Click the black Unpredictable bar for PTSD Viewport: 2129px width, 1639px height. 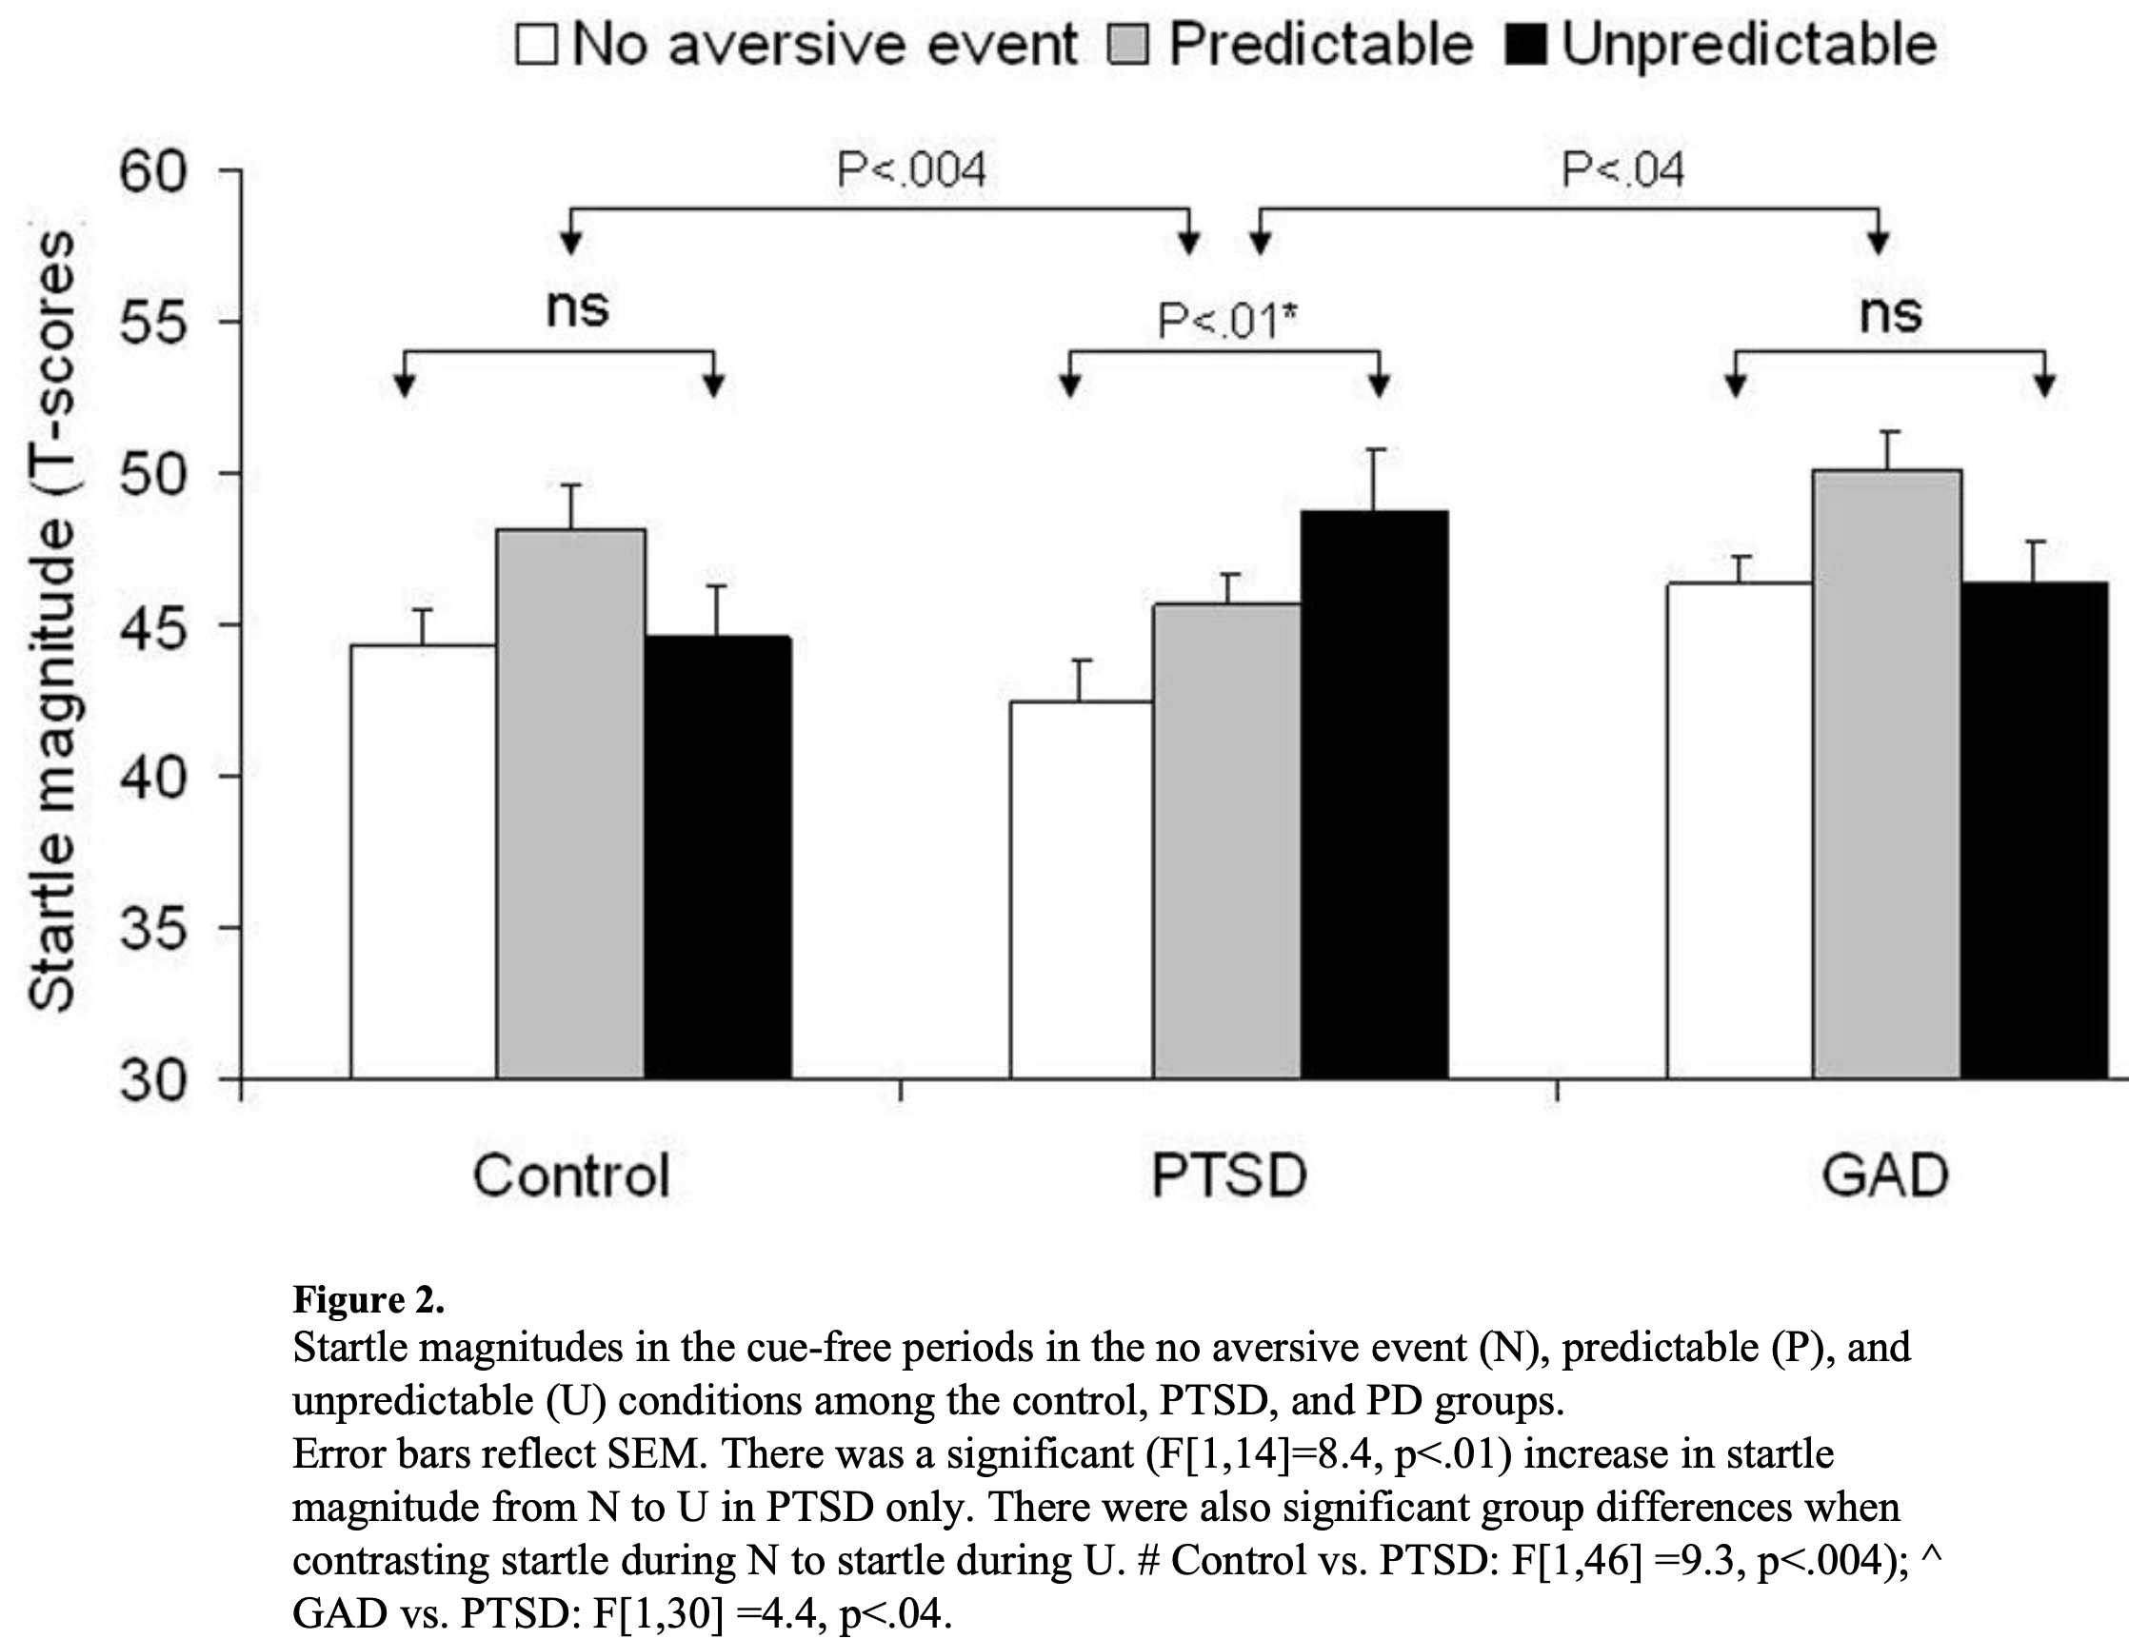click(x=1375, y=794)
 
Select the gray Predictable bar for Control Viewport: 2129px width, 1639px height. click(x=570, y=804)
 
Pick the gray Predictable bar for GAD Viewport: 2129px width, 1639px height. click(x=1887, y=775)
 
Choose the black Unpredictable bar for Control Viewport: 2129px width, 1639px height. click(x=718, y=858)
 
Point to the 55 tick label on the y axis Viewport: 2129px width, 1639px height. click(x=152, y=323)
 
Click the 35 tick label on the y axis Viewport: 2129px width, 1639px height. click(x=152, y=929)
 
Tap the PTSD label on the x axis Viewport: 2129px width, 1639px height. click(x=1228, y=1175)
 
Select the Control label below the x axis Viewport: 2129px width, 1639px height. click(x=571, y=1175)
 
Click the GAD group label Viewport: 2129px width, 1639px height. click(x=1884, y=1175)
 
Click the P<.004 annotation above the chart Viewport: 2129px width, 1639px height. click(x=911, y=171)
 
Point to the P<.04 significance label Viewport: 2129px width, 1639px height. click(x=1622, y=171)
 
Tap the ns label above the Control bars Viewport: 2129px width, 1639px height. click(x=578, y=308)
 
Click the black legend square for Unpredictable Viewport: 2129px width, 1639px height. click(x=1524, y=46)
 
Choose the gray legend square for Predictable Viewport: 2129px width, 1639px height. click(x=1129, y=45)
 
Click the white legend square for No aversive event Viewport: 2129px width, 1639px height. click(x=536, y=46)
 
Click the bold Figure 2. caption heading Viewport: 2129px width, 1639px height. click(x=368, y=1299)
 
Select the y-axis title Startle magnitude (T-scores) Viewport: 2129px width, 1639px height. click(x=50, y=621)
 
